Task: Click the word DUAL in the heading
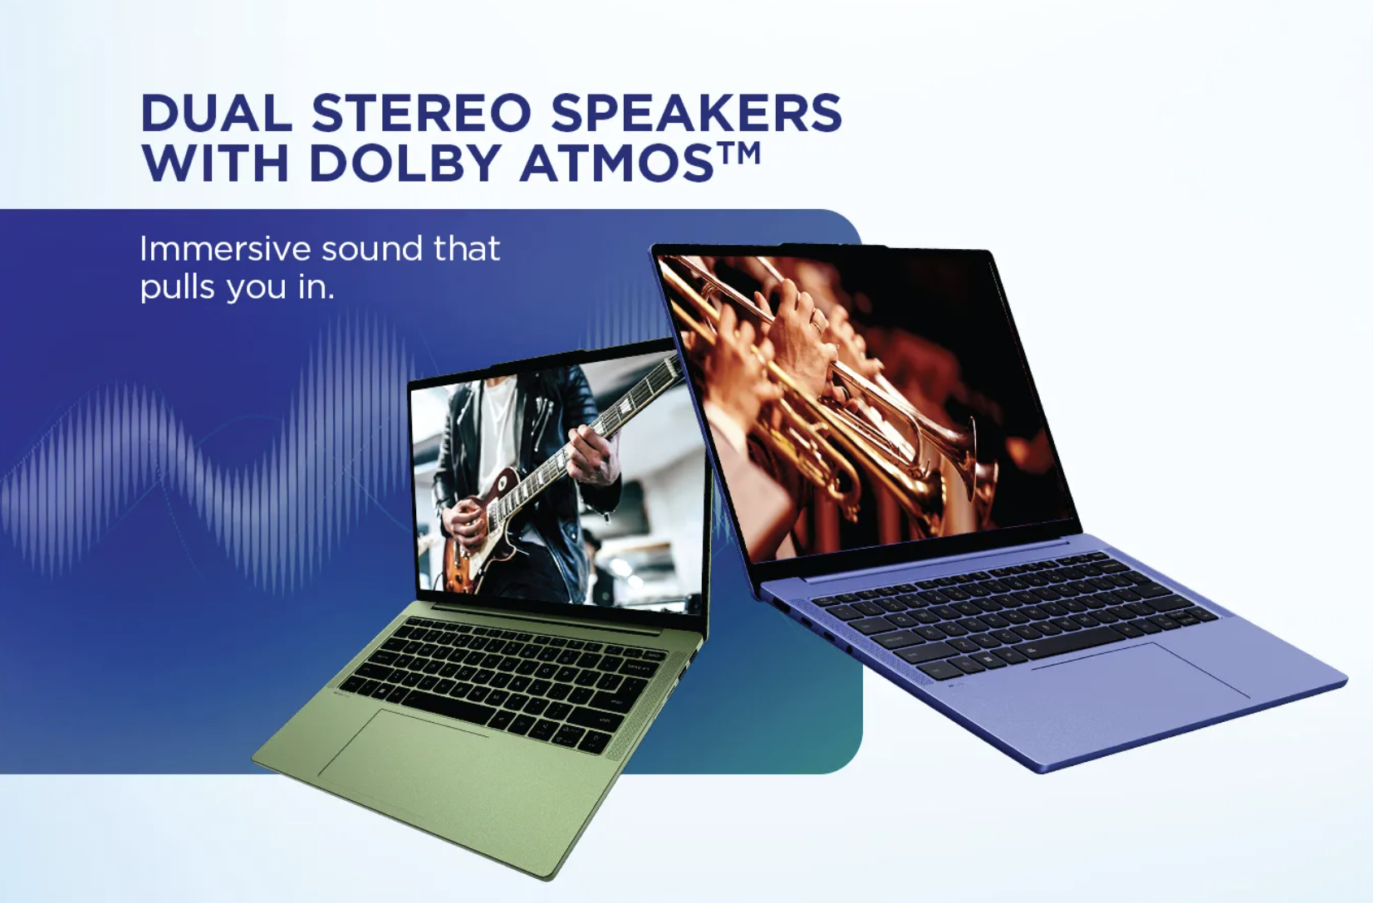point(216,113)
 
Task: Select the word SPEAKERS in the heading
point(696,113)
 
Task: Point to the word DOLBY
point(407,162)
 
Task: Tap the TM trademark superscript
point(738,153)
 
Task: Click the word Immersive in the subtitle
point(225,248)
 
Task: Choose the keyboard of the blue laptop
point(1013,614)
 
